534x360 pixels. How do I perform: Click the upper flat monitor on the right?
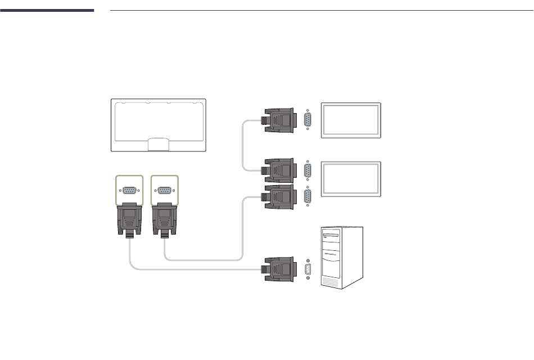pyautogui.click(x=351, y=120)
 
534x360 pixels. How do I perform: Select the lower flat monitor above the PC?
pyautogui.click(x=351, y=179)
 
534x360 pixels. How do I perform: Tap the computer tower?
pyautogui.click(x=341, y=257)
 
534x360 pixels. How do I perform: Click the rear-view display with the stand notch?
pyautogui.click(x=158, y=125)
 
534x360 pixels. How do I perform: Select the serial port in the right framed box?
pyautogui.click(x=165, y=190)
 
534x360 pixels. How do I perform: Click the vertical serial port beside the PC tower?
pyautogui.click(x=308, y=269)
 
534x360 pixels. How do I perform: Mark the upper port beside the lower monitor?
pyautogui.click(x=307, y=170)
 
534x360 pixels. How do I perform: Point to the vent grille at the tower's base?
pyautogui.click(x=332, y=279)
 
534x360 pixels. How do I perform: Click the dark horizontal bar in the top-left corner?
pyautogui.click(x=47, y=10)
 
